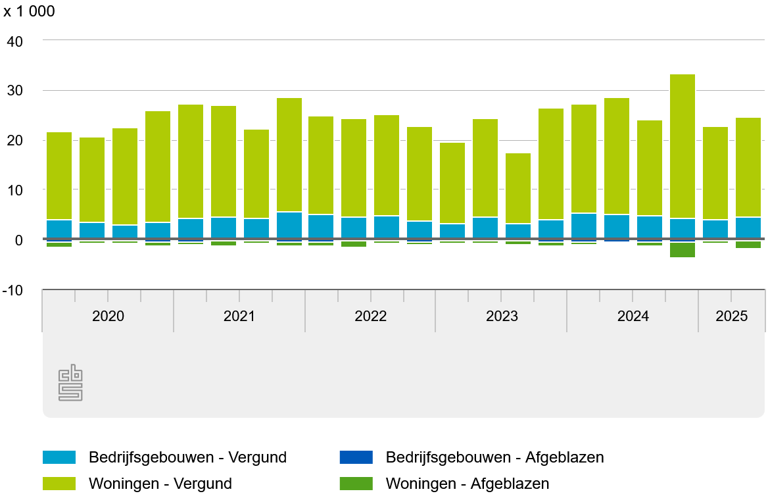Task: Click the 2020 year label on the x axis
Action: pyautogui.click(x=108, y=316)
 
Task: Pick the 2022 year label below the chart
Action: pyautogui.click(x=371, y=316)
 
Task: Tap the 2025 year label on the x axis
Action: pyautogui.click(x=732, y=316)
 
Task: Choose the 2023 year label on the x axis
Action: pyautogui.click(x=502, y=316)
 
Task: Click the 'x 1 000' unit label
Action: pyautogui.click(x=30, y=12)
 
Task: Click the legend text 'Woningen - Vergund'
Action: pyautogui.click(x=160, y=484)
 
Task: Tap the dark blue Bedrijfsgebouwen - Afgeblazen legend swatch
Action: pyautogui.click(x=356, y=457)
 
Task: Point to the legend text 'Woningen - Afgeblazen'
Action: pyautogui.click(x=467, y=484)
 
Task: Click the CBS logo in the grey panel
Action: pyautogui.click(x=71, y=383)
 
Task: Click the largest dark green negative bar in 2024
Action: pyautogui.click(x=683, y=250)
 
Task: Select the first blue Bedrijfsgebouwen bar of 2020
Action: pyautogui.click(x=59, y=229)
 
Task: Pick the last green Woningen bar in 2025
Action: pyautogui.click(x=748, y=167)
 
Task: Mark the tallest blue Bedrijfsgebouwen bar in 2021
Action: pyautogui.click(x=289, y=225)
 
